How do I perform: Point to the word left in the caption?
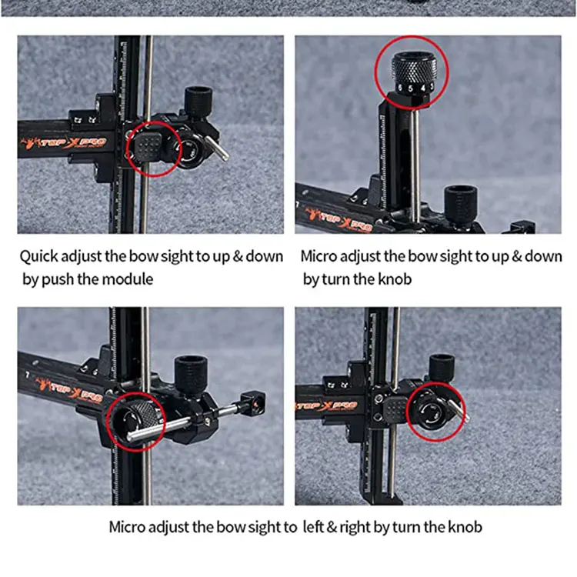click(x=312, y=527)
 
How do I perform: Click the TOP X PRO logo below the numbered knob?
click(x=339, y=220)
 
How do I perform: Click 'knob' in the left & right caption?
click(x=465, y=527)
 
